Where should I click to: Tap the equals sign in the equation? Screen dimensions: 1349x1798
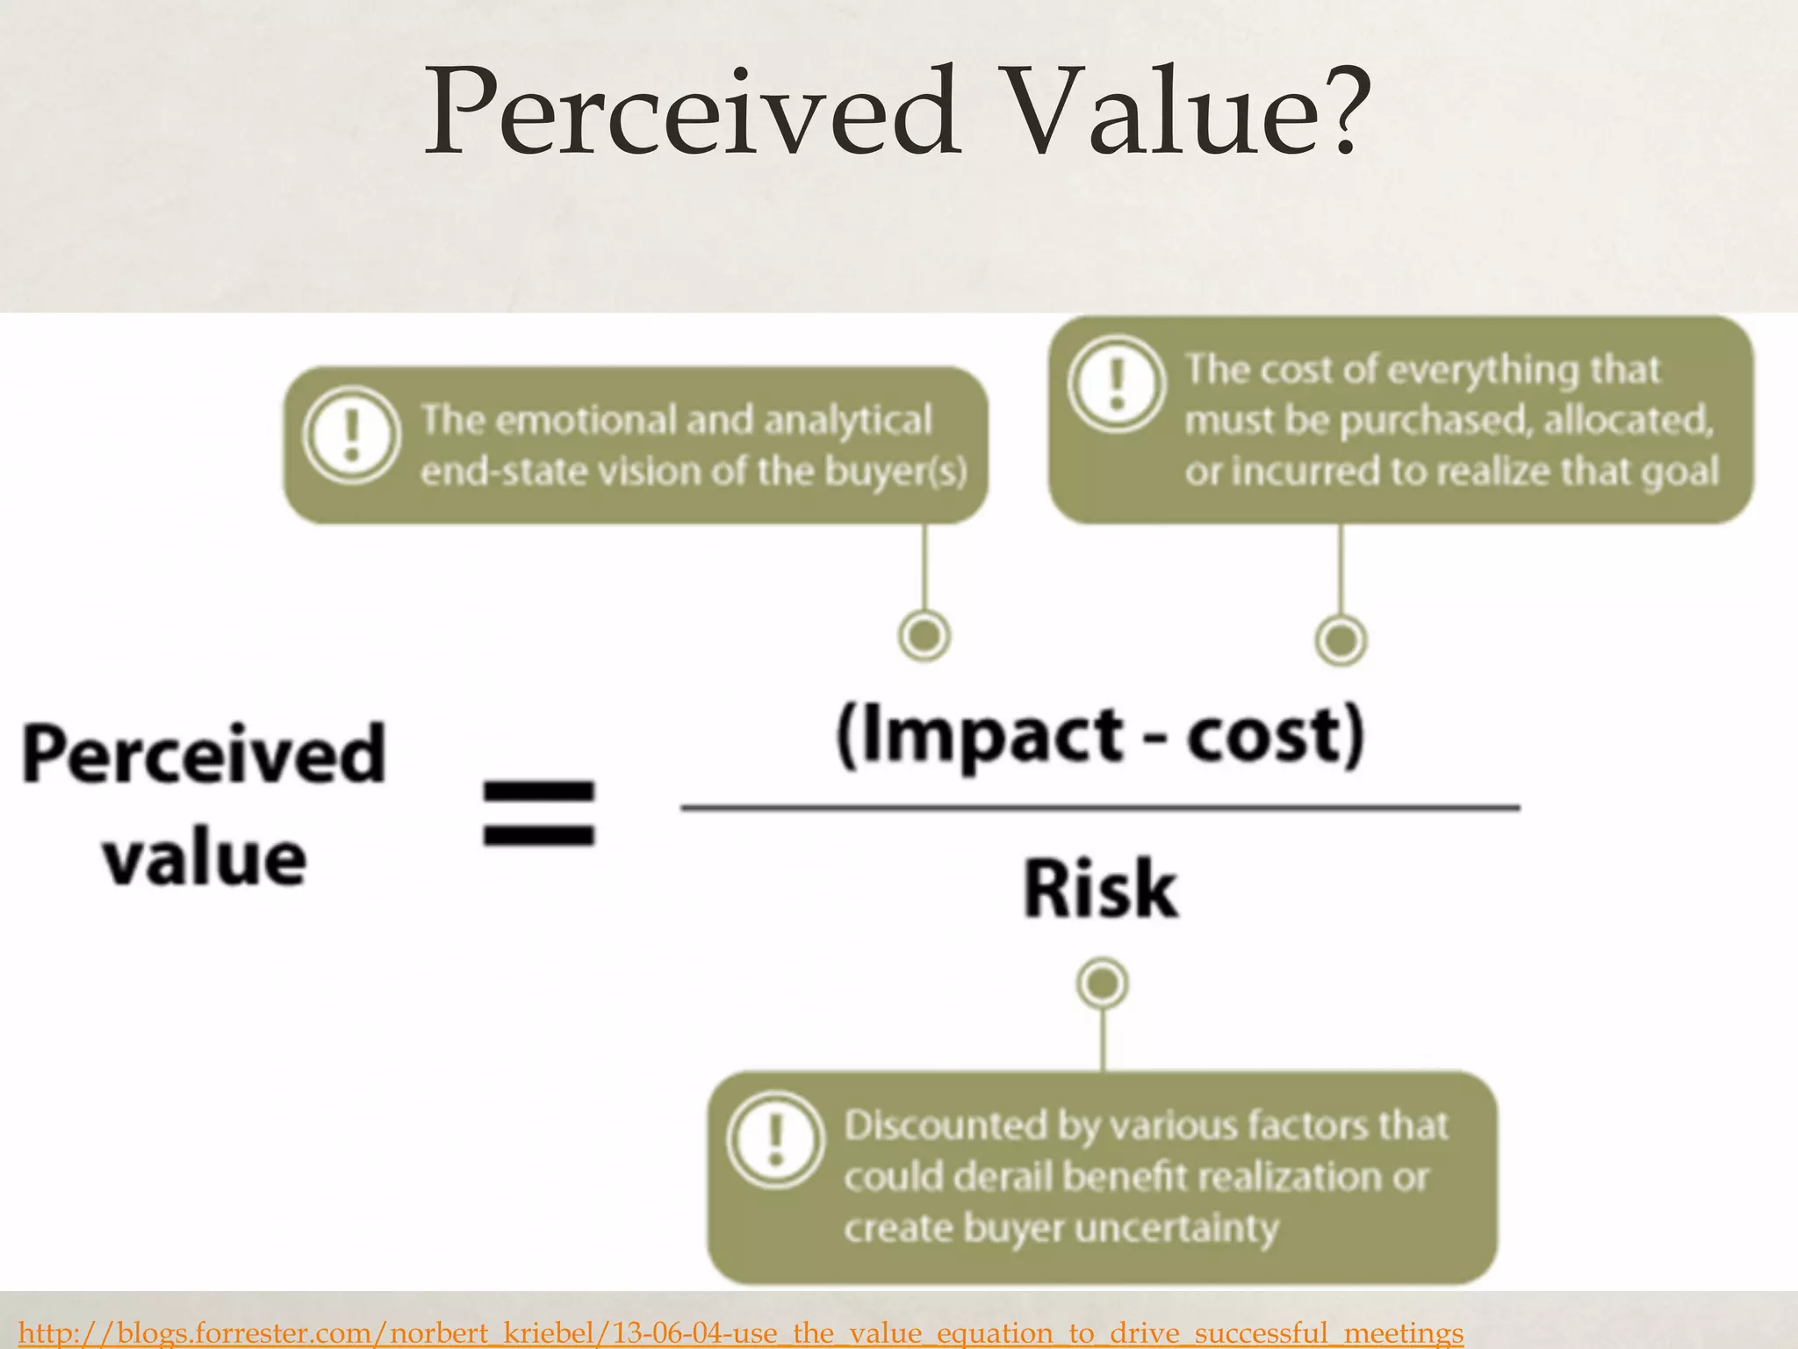(539, 812)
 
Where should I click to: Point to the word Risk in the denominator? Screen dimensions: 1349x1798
(1100, 890)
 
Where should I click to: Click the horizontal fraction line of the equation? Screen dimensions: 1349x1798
(1100, 806)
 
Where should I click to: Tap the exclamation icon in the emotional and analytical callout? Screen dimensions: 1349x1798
(352, 436)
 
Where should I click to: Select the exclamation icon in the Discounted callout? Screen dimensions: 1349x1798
(775, 1139)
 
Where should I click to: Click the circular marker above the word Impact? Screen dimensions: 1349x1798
(924, 635)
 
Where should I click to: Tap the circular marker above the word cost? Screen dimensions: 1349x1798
(1341, 639)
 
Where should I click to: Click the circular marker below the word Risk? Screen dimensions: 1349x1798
(1103, 983)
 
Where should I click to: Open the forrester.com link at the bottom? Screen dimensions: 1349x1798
(740, 1332)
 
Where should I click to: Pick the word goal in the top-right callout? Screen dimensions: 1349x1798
(1679, 472)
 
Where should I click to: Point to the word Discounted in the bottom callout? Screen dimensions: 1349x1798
(945, 1126)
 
